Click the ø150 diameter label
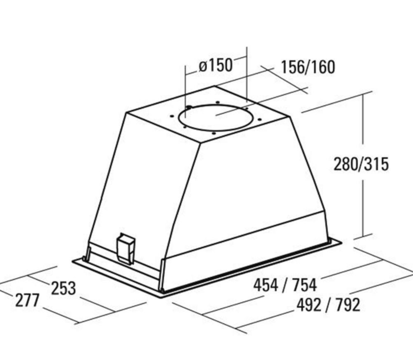click(x=216, y=66)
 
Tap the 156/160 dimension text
click(x=308, y=67)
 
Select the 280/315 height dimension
click(x=361, y=164)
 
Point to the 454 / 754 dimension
click(x=285, y=285)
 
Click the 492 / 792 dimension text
click(x=328, y=305)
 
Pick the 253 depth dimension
click(x=63, y=288)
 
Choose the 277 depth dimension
click(x=27, y=300)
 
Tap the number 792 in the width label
click(x=348, y=305)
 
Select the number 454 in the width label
click(x=266, y=285)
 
